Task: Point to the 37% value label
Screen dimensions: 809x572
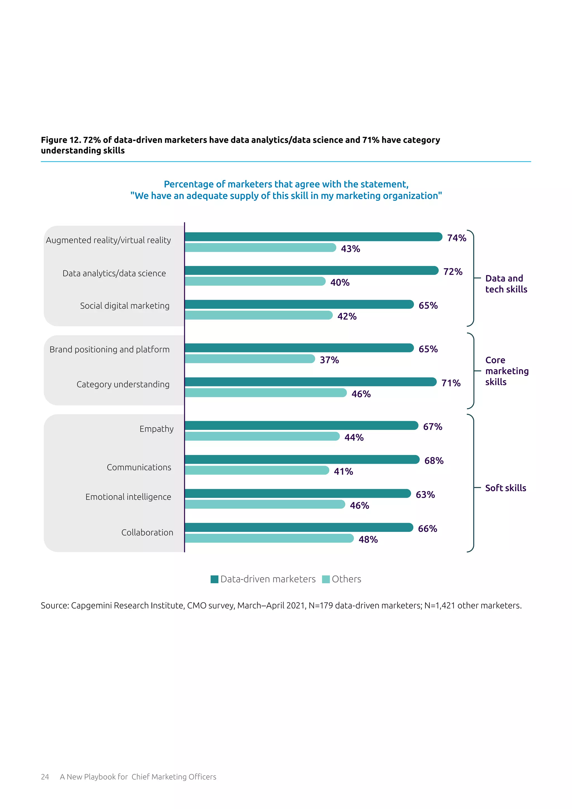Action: click(x=329, y=360)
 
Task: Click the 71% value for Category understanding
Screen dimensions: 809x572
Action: click(x=451, y=383)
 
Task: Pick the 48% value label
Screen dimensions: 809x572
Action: click(x=368, y=539)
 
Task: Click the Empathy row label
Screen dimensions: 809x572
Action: click(x=156, y=429)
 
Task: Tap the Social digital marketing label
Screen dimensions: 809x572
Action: click(x=125, y=306)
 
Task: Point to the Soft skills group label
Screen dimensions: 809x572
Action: click(x=506, y=488)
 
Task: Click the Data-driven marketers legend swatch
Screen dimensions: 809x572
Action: click(x=214, y=579)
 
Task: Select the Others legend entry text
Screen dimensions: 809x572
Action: click(x=346, y=579)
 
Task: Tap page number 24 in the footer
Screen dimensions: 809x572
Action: click(x=45, y=777)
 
